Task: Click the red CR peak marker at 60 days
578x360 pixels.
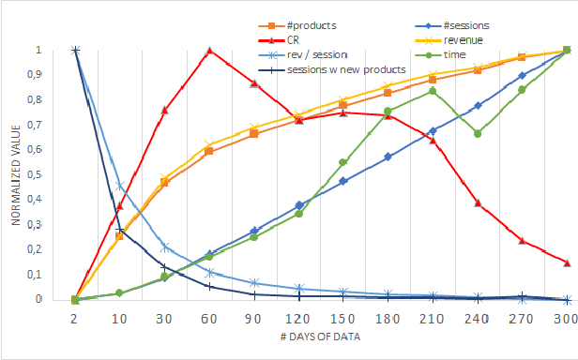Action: tap(209, 51)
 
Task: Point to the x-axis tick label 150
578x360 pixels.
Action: tap(343, 320)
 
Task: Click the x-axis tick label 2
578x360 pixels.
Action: tap(75, 320)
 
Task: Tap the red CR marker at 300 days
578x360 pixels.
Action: tap(567, 262)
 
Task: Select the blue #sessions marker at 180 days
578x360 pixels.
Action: tap(388, 157)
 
